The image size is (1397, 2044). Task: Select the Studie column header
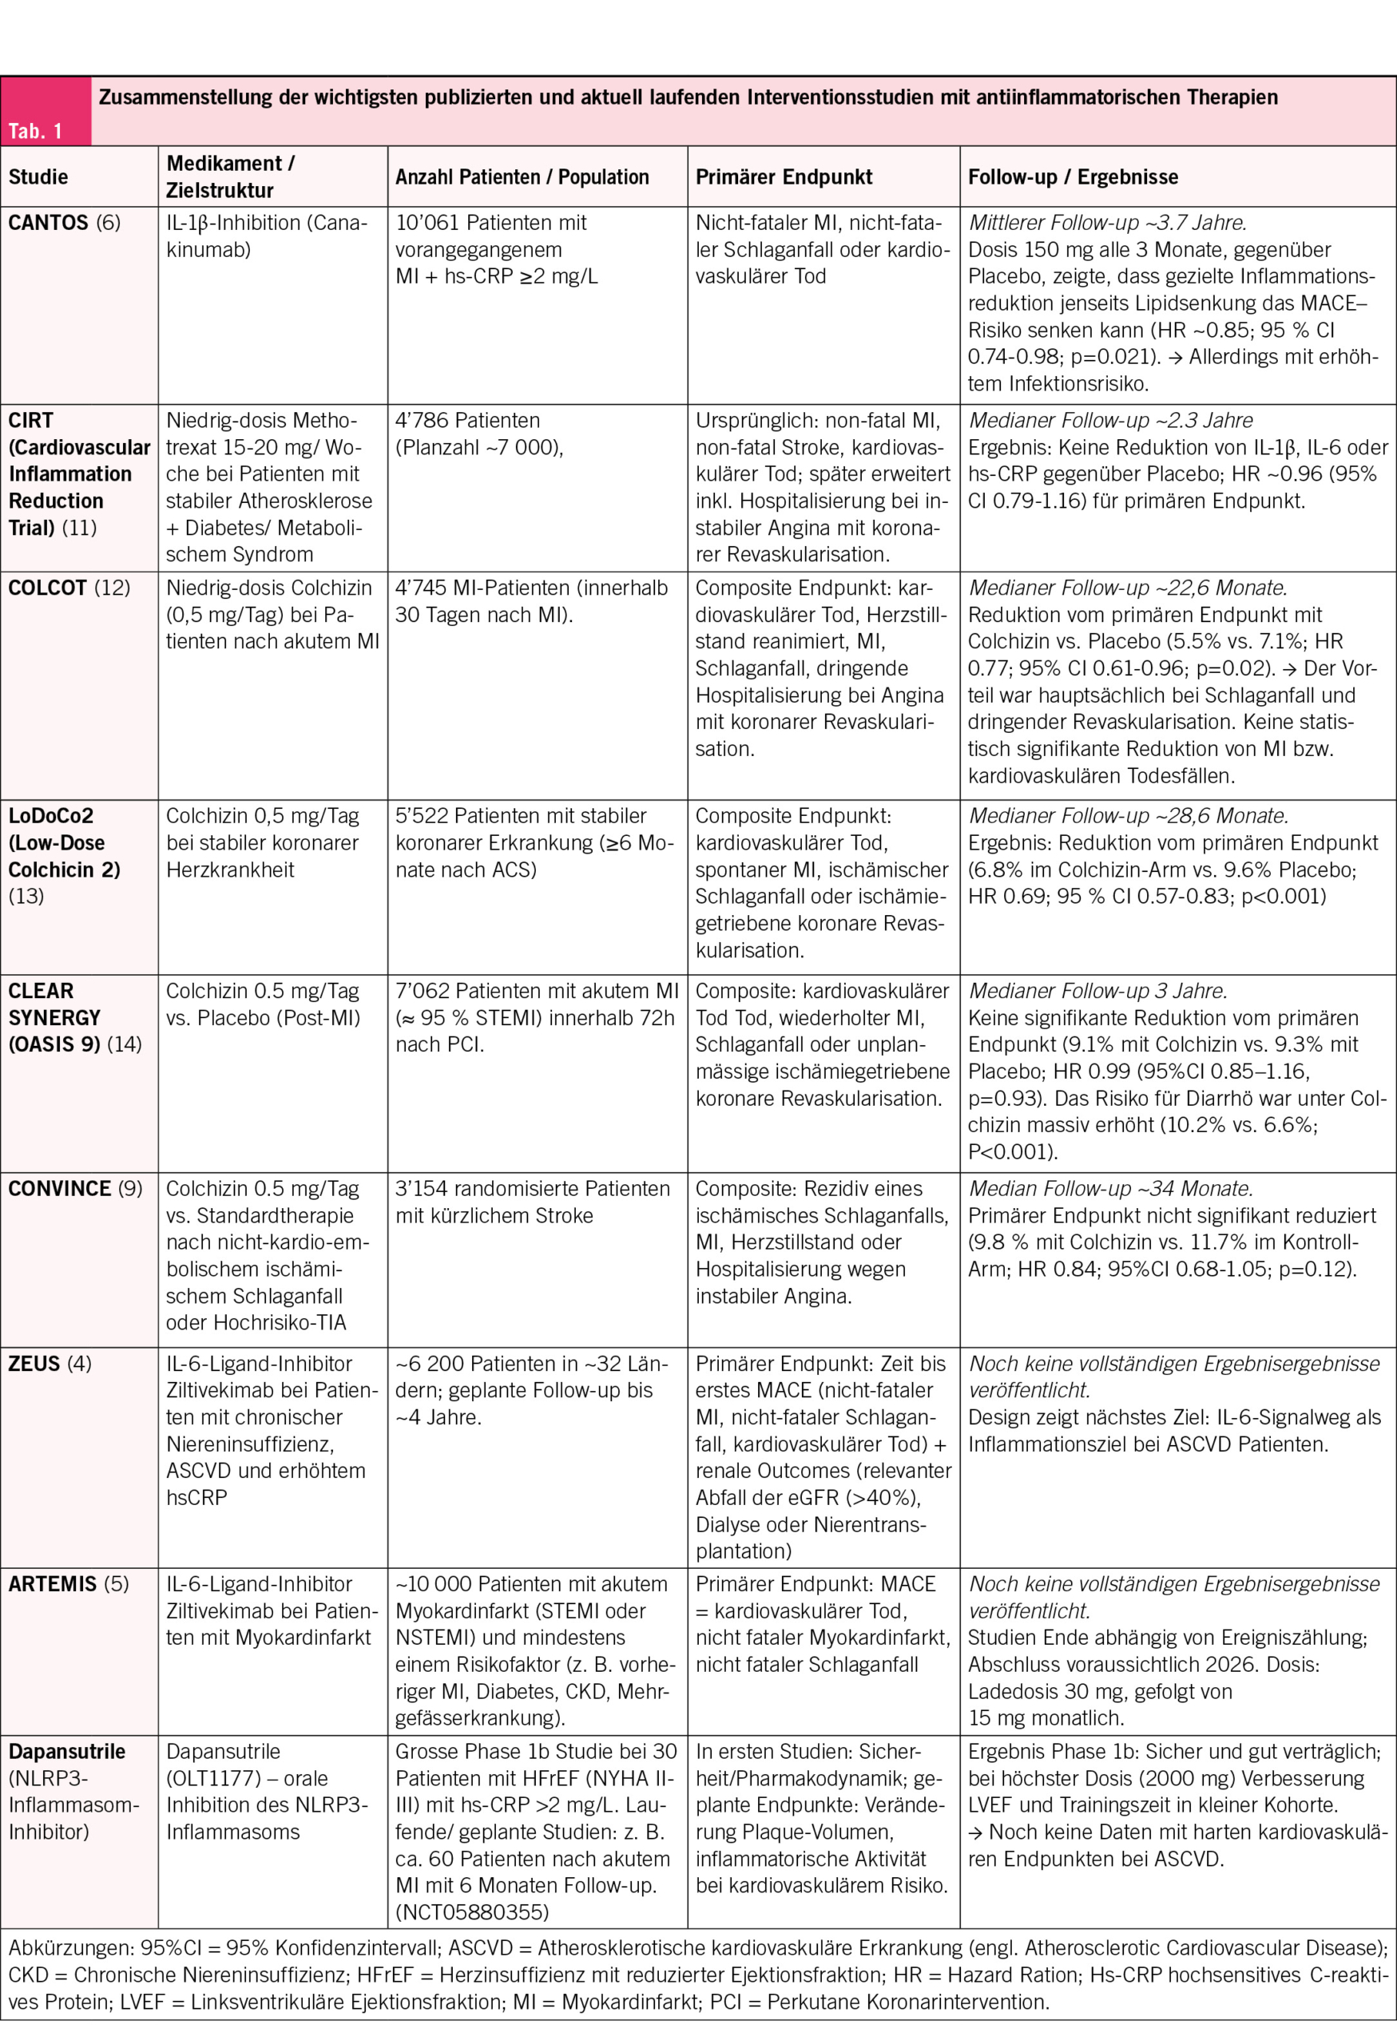(38, 176)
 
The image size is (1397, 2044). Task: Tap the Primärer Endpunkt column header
(783, 176)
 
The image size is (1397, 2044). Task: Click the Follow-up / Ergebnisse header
(1073, 176)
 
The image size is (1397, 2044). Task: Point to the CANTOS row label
(49, 223)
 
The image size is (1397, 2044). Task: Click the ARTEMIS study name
(52, 1583)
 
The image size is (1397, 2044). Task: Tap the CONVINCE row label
(60, 1188)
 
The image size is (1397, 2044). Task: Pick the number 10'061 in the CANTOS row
(428, 223)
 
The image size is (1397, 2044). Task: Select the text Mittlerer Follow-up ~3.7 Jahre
(1107, 223)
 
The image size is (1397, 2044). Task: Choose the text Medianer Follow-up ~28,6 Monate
(1128, 815)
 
